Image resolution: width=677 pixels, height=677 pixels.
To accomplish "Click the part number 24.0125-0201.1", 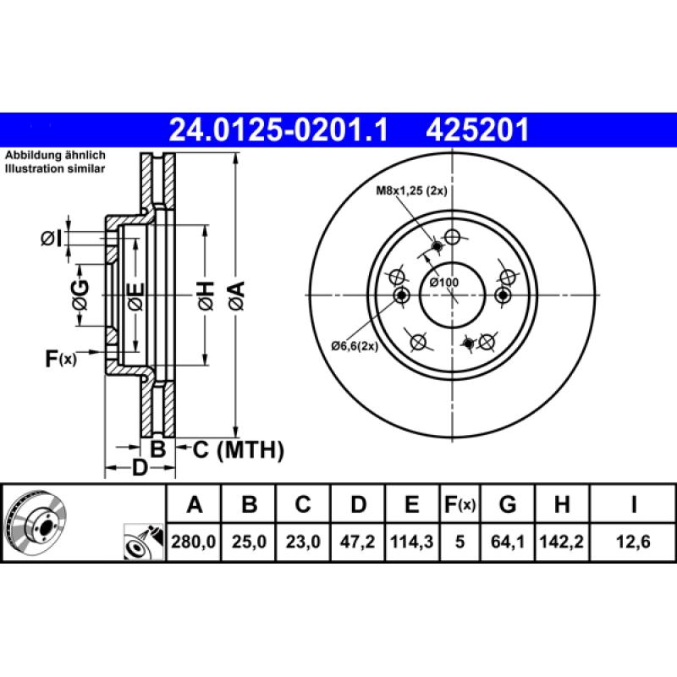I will (x=279, y=130).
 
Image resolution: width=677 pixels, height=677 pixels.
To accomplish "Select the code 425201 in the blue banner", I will (x=478, y=130).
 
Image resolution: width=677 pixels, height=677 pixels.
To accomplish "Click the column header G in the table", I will (x=508, y=506).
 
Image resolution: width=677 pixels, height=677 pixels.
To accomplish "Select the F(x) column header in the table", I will (x=460, y=506).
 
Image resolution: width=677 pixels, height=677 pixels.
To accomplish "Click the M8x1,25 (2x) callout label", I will (x=411, y=190).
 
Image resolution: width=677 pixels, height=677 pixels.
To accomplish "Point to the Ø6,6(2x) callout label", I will (x=355, y=345).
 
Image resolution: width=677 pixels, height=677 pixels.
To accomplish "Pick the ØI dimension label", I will (x=52, y=239).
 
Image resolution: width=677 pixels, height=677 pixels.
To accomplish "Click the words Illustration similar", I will (x=55, y=169).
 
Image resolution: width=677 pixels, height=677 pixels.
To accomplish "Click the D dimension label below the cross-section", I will (x=140, y=467).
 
